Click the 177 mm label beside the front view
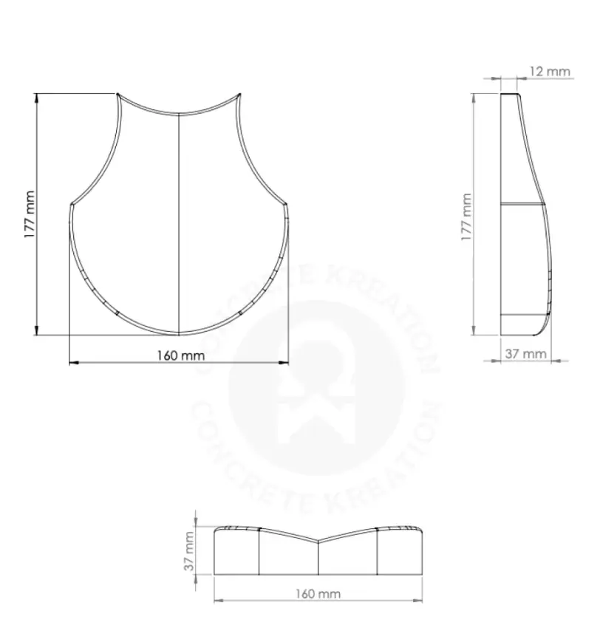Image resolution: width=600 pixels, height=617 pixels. (x=29, y=214)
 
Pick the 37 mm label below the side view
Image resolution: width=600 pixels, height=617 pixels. (x=525, y=354)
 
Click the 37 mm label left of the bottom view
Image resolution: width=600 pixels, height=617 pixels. (x=189, y=551)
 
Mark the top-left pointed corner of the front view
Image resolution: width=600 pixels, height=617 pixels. (x=117, y=94)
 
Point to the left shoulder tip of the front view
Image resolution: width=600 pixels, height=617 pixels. (x=71, y=204)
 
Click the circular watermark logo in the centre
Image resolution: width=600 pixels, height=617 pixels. (x=318, y=384)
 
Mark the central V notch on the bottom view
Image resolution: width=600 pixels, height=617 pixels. (x=318, y=540)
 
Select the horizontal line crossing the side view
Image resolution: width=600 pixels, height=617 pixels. (x=522, y=202)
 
